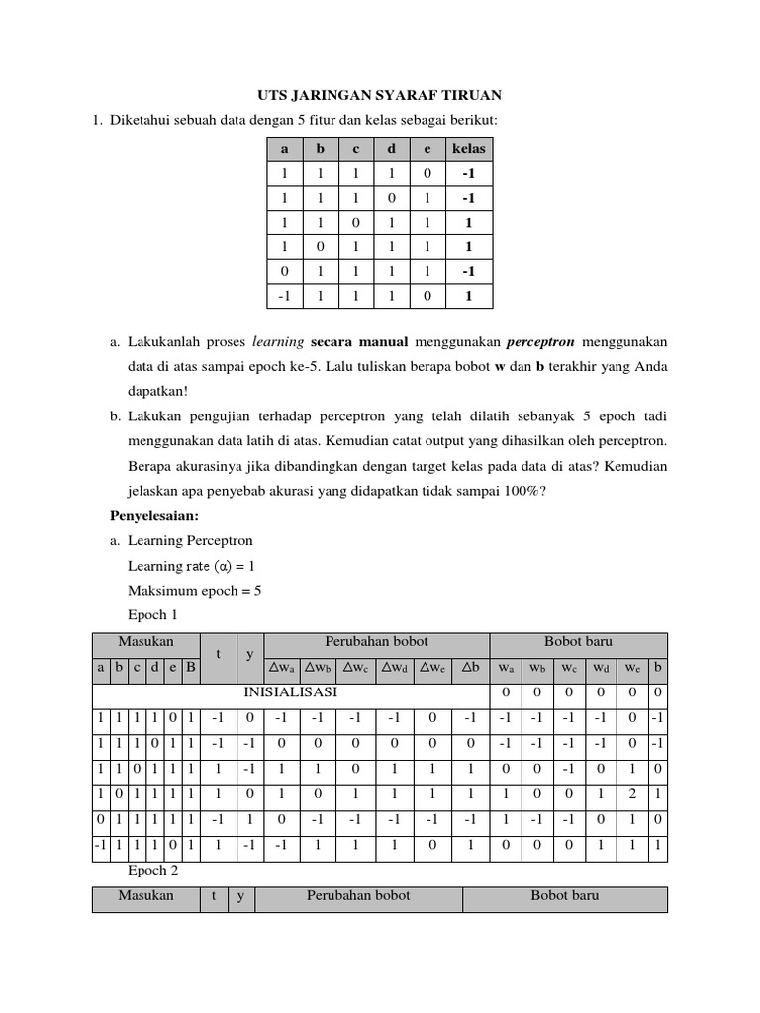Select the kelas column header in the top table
pos(469,149)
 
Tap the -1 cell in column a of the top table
pos(285,295)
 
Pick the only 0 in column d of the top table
pos(391,198)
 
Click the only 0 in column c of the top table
pos(356,223)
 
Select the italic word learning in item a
pos(277,342)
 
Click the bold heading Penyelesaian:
pos(154,515)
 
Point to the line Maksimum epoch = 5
pos(194,590)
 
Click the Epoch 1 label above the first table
pos(154,614)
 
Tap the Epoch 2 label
pos(154,871)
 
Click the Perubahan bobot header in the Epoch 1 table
pos(376,642)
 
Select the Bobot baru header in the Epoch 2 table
pos(565,895)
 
